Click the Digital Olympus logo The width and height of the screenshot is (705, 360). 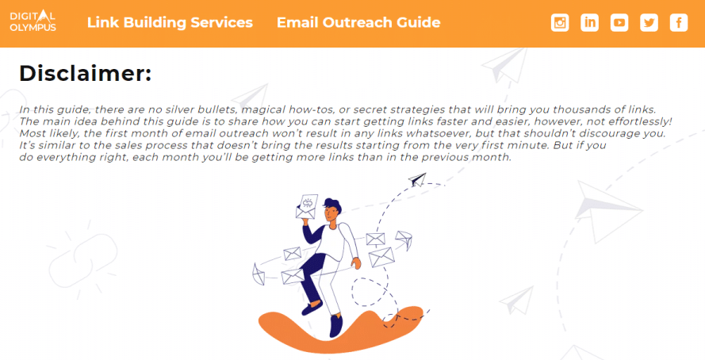[x=33, y=21]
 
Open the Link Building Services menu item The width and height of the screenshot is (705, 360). [x=170, y=22]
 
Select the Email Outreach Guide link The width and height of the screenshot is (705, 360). [x=358, y=22]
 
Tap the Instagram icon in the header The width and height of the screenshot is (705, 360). [x=560, y=22]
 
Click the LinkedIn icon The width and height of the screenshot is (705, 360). [x=589, y=22]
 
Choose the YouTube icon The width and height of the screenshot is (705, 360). [x=619, y=22]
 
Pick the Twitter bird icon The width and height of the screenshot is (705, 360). [x=649, y=22]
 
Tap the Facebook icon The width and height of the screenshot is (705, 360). [x=679, y=22]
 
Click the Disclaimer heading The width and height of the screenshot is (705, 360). [x=86, y=73]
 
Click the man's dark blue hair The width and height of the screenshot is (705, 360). [x=333, y=205]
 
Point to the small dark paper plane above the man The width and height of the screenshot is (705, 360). [x=417, y=179]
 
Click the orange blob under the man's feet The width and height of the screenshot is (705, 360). [x=342, y=331]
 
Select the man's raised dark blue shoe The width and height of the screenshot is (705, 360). [x=312, y=308]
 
